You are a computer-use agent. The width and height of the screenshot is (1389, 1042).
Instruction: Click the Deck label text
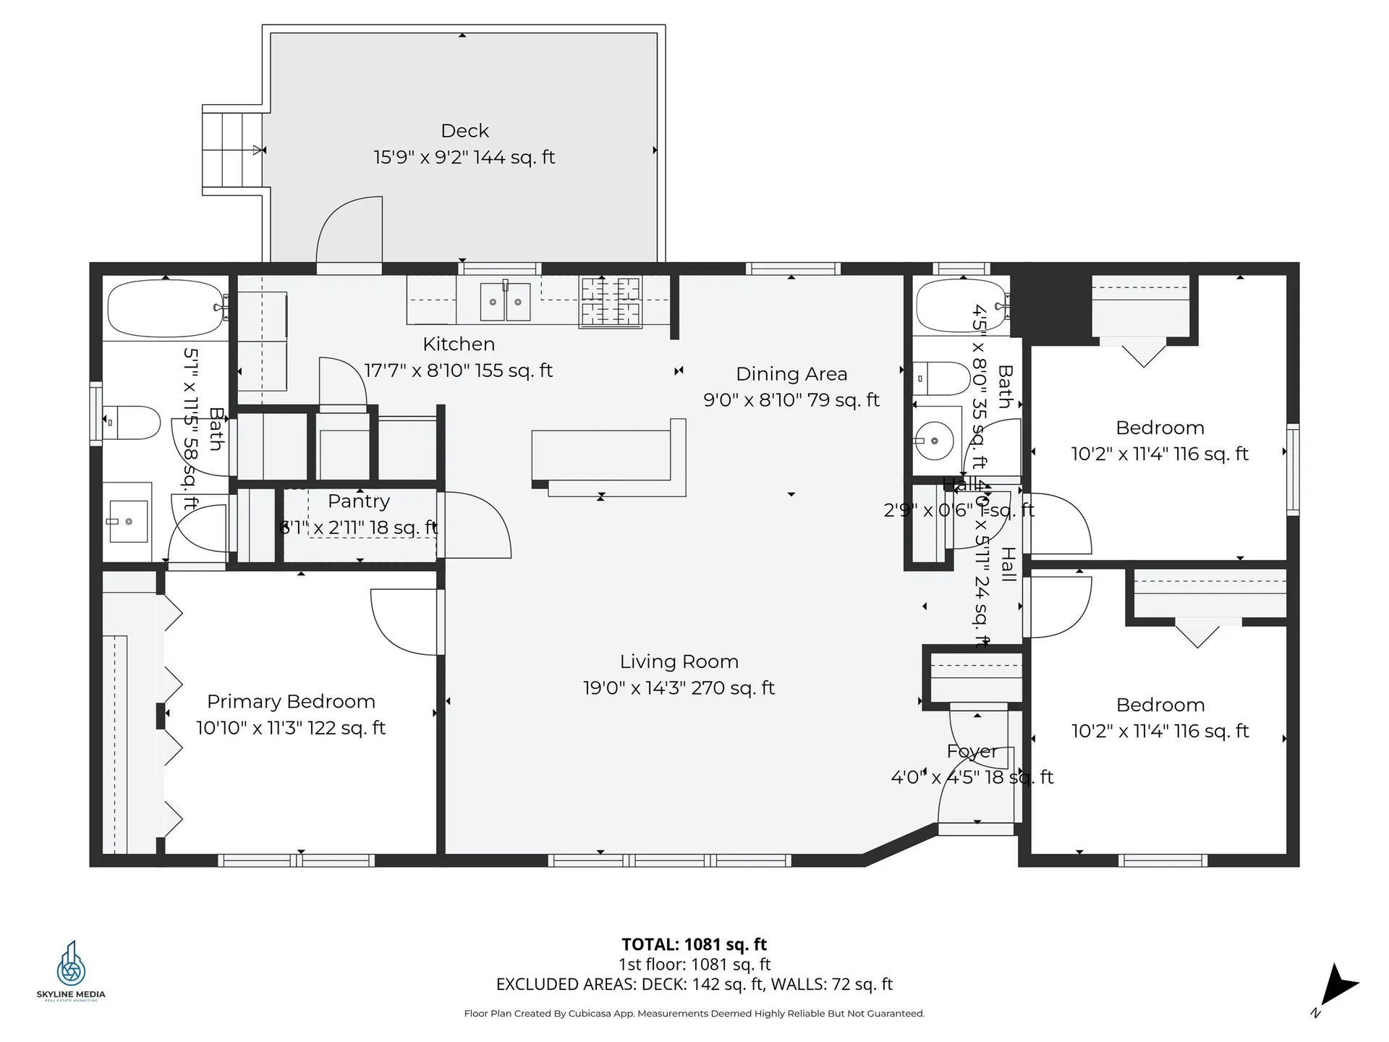[464, 131]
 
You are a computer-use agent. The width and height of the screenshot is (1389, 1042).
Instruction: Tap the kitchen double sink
[505, 301]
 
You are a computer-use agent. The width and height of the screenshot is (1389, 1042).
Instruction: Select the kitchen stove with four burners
[610, 301]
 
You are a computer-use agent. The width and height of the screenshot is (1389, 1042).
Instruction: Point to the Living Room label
[679, 662]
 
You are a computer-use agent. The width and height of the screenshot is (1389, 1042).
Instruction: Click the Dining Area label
[791, 374]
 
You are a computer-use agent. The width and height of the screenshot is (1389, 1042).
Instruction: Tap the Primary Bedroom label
[291, 702]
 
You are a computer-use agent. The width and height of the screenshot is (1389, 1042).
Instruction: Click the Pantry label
[359, 501]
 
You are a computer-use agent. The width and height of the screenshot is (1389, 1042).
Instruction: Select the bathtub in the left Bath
[166, 308]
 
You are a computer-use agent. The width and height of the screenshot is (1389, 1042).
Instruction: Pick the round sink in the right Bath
[934, 440]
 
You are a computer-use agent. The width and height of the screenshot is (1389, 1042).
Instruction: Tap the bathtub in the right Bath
[961, 305]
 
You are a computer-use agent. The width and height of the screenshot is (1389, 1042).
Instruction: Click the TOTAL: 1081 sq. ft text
[694, 944]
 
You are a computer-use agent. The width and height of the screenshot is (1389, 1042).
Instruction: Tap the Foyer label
[972, 752]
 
